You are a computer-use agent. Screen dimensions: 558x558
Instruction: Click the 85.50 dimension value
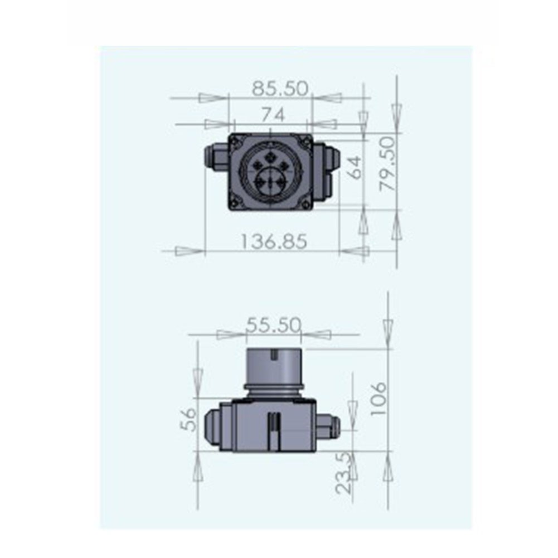(280, 89)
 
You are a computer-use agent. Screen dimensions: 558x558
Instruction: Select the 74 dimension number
(273, 115)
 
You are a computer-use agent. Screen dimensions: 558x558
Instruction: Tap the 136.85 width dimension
(274, 241)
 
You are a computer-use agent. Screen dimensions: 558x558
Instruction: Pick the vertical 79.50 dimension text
(387, 164)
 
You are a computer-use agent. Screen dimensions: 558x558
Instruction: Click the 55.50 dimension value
(274, 325)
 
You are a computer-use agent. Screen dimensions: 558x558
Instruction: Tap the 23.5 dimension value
(344, 473)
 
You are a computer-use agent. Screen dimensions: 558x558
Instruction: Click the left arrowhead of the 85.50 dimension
(213, 98)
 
